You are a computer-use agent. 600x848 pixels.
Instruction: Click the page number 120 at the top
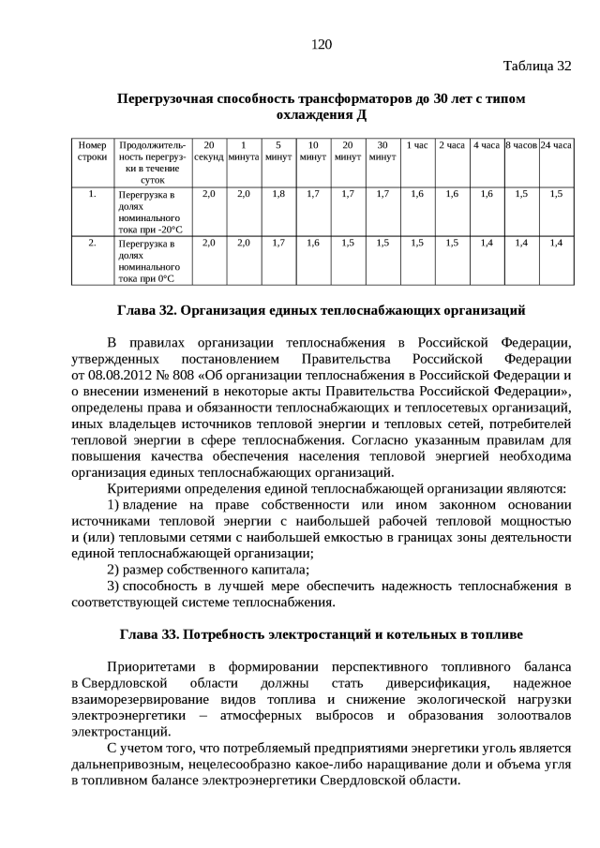(322, 44)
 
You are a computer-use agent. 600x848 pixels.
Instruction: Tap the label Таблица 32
(536, 66)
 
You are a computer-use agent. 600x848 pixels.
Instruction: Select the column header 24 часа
(556, 146)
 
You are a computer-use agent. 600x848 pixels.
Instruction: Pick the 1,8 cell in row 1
(278, 194)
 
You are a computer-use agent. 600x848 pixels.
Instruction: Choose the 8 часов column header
(520, 146)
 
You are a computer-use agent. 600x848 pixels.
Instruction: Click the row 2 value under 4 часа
(486, 243)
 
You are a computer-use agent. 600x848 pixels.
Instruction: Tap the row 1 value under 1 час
(417, 194)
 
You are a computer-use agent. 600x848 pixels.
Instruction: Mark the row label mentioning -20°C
(149, 211)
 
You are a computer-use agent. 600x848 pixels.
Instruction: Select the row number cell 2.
(92, 243)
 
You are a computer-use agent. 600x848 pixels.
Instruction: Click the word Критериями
(145, 489)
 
